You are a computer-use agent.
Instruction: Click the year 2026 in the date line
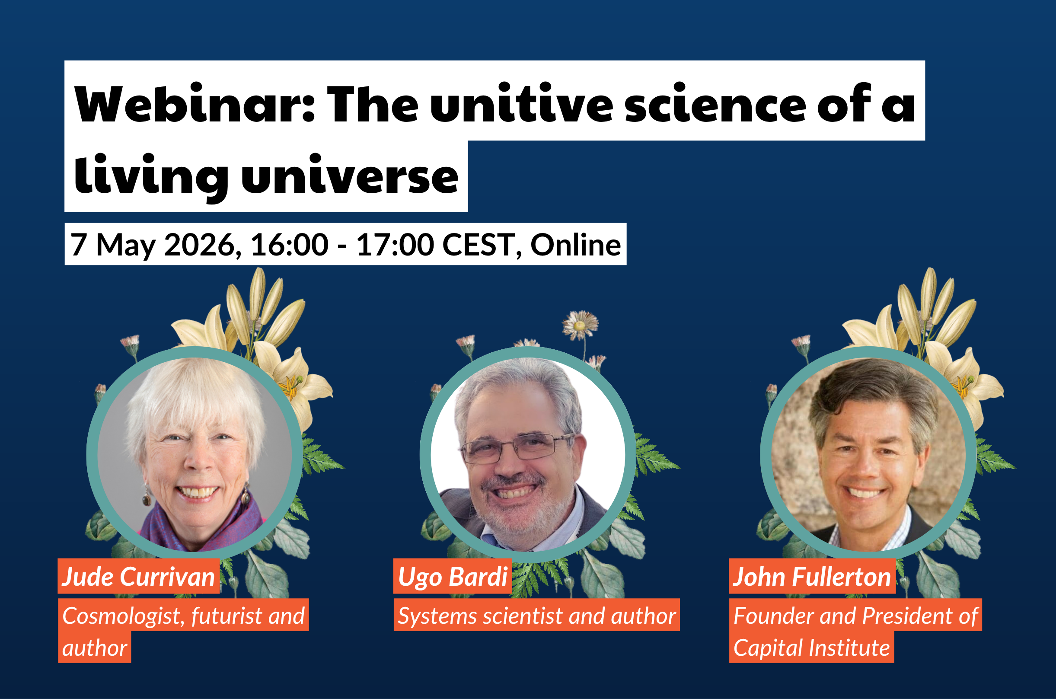coord(200,244)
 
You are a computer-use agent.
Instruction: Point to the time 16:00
coord(290,244)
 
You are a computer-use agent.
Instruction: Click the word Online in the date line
coord(575,244)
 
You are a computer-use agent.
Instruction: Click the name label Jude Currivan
coord(139,577)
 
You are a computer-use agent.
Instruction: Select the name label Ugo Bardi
coord(453,577)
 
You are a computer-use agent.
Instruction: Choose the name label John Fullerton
coord(812,577)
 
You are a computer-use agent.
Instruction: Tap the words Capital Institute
coord(812,648)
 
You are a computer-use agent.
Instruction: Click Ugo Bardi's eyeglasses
coord(517,448)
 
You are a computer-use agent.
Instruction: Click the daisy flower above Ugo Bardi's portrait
coord(580,325)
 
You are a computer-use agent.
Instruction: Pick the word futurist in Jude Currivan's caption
coord(227,616)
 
